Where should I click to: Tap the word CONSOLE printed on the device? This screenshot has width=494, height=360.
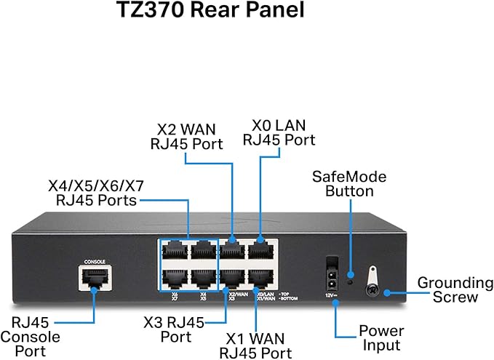point(95,260)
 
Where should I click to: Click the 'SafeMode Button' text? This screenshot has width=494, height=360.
point(348,184)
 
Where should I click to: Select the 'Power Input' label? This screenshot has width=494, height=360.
point(381,338)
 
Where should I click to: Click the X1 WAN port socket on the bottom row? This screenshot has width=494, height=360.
point(260,277)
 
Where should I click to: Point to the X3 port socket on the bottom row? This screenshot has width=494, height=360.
point(232,277)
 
